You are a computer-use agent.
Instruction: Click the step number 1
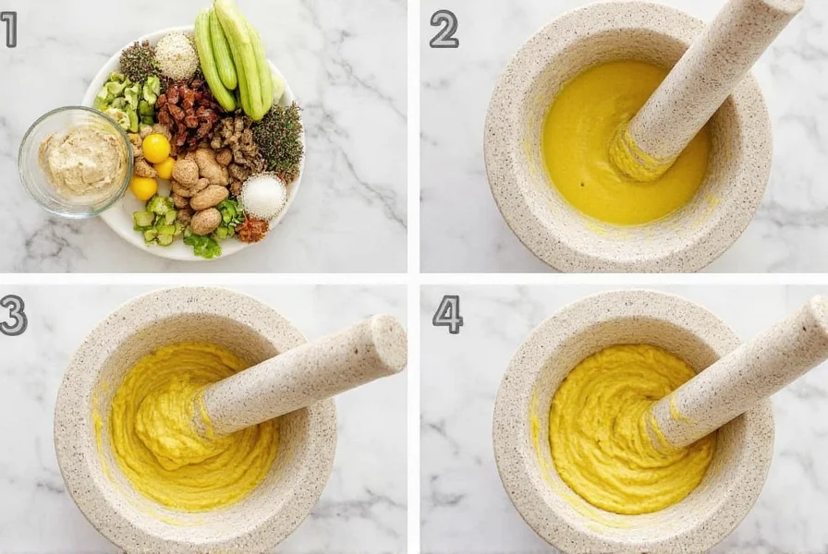pos(8,29)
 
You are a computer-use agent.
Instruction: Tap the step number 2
pos(444,29)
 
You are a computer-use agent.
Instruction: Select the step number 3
pos(12,315)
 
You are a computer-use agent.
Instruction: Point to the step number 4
pos(447,315)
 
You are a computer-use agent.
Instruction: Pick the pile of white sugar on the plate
pos(263,196)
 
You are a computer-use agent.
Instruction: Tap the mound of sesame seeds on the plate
pos(177,57)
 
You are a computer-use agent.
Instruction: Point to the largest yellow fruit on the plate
pos(155,148)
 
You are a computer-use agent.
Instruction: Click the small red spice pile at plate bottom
pos(251,229)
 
